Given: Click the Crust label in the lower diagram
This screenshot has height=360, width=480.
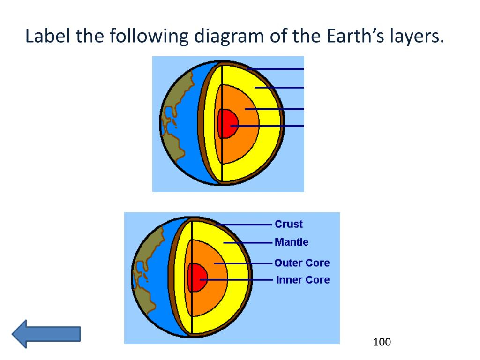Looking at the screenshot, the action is tap(289, 224).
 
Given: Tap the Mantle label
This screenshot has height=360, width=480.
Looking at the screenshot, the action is tap(292, 242).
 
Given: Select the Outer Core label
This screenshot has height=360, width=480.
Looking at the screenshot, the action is tap(302, 263).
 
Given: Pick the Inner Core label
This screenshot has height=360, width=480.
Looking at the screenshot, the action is tap(303, 280).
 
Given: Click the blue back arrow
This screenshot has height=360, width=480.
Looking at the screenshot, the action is tap(46, 334).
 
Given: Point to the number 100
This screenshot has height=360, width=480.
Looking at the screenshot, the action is tap(382, 342).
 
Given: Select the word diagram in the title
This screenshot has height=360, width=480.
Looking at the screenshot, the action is tap(229, 37).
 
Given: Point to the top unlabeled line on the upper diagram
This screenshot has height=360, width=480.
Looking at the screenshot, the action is tap(276, 69).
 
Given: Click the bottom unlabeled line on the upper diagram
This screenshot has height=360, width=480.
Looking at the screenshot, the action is tap(267, 126).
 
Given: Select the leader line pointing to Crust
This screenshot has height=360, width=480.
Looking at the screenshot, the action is tap(244, 225).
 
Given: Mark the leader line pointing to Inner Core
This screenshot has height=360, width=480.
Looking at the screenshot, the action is tap(236, 280).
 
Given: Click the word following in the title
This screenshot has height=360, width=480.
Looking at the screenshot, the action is tap(149, 37).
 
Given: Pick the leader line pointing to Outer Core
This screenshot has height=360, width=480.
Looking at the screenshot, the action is tap(243, 263).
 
